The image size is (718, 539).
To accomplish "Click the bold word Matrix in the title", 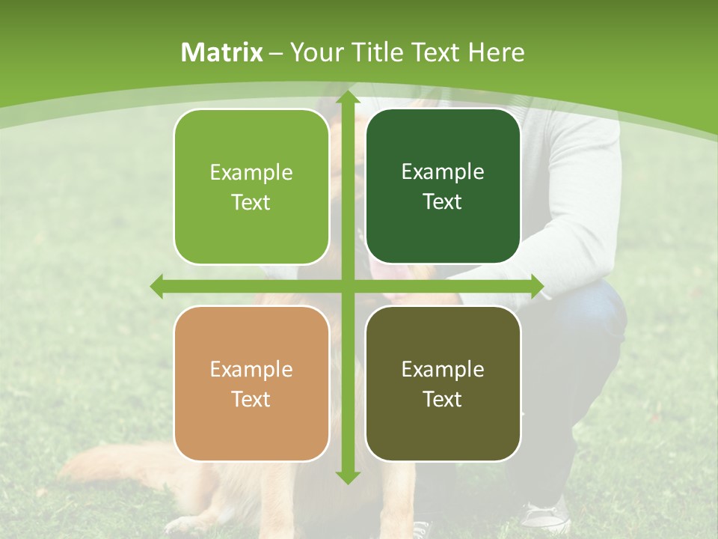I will coord(222,52).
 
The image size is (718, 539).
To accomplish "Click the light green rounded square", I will coord(251,186).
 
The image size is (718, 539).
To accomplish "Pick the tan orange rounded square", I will coord(251,383).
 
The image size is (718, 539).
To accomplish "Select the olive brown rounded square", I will coord(443,383).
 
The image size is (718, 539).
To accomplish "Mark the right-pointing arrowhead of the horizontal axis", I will coord(537,286).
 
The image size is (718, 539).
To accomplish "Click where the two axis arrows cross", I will coord(347,286).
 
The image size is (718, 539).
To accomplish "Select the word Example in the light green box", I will coord(251,173).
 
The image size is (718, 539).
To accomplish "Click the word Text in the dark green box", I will coord(443,202).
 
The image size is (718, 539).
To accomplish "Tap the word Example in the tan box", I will coord(251,370).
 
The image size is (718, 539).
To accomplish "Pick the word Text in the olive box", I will coord(443,400).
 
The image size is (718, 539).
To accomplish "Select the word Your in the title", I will coord(313,52).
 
